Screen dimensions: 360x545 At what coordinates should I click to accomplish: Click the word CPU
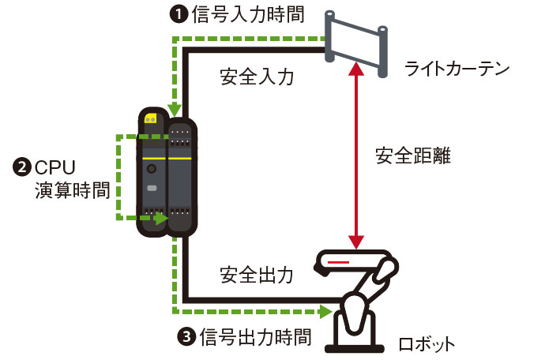point(56,167)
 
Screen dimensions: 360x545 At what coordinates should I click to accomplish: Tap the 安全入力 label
point(256,77)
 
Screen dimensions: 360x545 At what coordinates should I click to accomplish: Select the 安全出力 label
point(257,275)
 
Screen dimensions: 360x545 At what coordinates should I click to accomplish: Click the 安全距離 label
point(412,156)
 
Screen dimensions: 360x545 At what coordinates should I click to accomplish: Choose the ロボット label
point(427,343)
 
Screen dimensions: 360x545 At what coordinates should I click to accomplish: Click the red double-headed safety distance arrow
point(359,156)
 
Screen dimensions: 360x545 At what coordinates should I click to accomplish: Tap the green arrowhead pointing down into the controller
point(174,110)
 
